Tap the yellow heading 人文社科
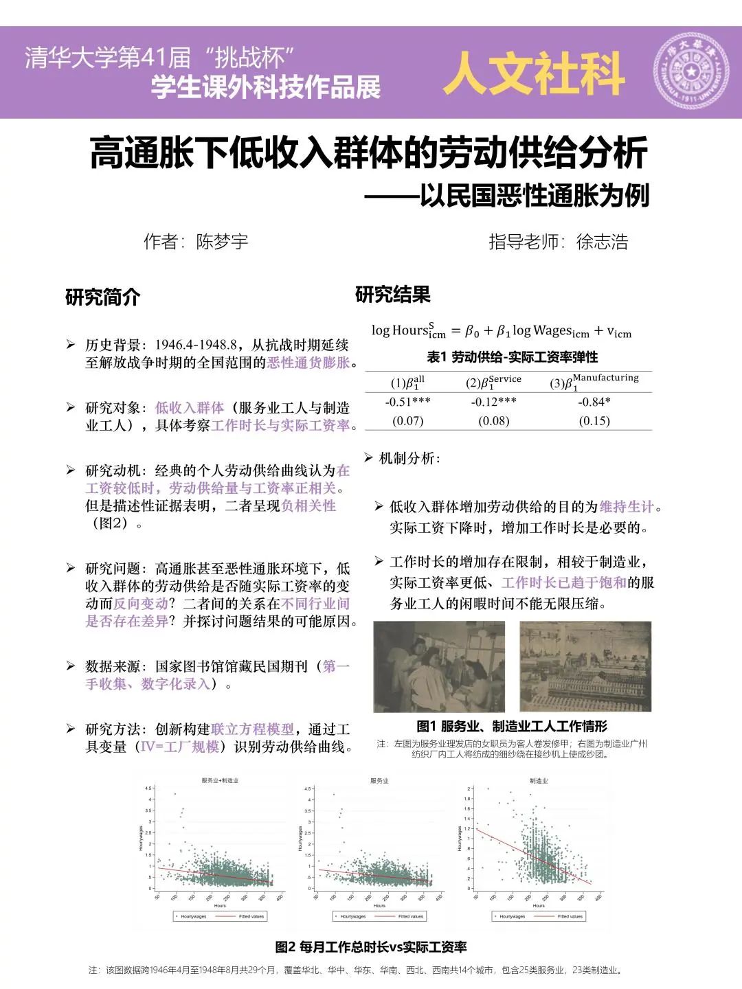(x=534, y=73)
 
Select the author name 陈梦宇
(x=222, y=242)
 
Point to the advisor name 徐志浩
(x=602, y=242)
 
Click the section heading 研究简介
(x=102, y=297)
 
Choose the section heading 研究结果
(x=392, y=295)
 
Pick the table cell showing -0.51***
(x=407, y=402)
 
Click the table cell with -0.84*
(x=594, y=402)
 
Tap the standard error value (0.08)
(x=494, y=420)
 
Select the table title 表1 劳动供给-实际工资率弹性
(x=512, y=357)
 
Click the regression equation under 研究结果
(x=501, y=331)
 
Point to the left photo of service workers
(x=439, y=666)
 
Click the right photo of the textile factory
(x=585, y=666)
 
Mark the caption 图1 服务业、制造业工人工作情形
(x=512, y=726)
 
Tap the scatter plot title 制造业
(x=539, y=781)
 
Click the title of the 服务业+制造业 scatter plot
(x=220, y=781)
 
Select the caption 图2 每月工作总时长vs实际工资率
(x=371, y=947)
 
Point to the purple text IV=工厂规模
(x=180, y=747)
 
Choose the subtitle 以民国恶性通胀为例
(x=535, y=196)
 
